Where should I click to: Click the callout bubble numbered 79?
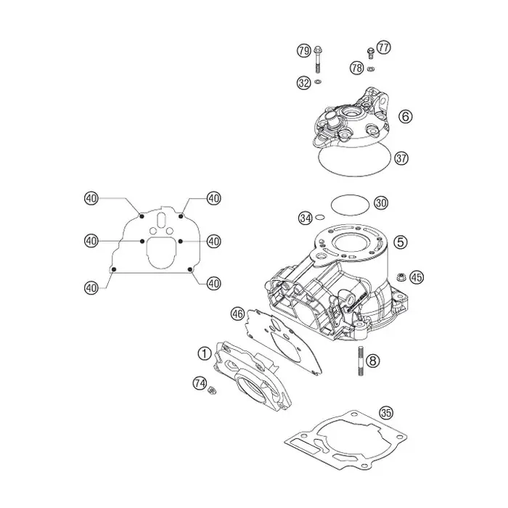[x=303, y=51]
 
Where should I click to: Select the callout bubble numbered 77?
[x=384, y=48]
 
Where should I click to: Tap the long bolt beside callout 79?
[x=317, y=60]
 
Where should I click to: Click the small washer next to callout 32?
[x=318, y=81]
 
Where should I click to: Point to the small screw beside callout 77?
[x=371, y=53]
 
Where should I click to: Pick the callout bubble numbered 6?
[x=406, y=116]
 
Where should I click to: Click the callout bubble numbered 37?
[x=401, y=158]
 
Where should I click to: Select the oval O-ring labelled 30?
[x=351, y=205]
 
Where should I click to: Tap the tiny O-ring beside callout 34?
[x=320, y=217]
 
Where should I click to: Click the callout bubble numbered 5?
[x=401, y=242]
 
